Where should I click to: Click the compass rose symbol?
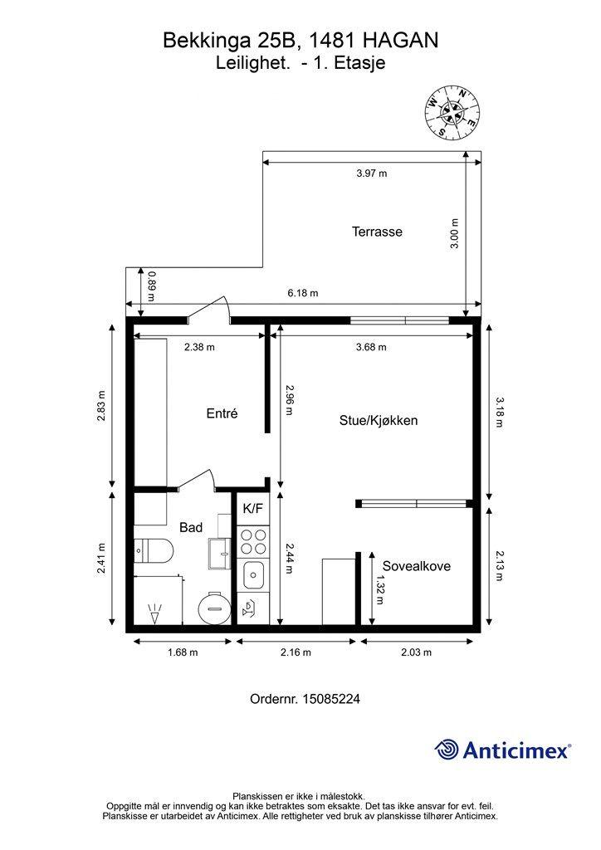452,113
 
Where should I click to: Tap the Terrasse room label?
377,232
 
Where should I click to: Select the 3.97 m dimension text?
372,173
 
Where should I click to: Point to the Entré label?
222,413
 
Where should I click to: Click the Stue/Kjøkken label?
379,421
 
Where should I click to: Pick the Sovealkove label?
417,566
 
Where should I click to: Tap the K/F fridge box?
253,509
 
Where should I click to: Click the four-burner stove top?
254,541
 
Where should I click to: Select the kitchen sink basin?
254,575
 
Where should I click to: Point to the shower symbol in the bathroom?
155,613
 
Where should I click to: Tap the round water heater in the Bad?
214,608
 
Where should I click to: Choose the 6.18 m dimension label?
303,293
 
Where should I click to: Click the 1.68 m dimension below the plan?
183,652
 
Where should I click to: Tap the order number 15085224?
331,699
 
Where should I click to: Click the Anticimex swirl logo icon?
447,750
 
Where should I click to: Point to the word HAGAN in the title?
400,40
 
